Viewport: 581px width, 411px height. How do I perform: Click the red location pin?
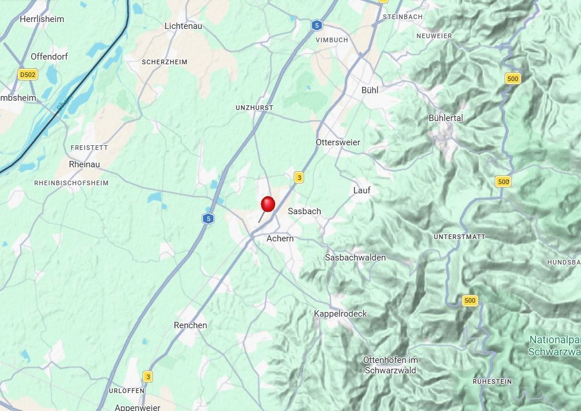pos(268,205)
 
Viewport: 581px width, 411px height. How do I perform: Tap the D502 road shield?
pos(27,75)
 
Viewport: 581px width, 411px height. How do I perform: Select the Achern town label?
pos(280,238)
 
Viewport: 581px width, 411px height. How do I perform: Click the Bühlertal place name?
pos(445,118)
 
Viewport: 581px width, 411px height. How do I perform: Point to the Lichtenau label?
pos(183,26)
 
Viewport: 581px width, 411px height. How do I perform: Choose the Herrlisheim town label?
pos(42,19)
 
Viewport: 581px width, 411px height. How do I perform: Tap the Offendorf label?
pos(49,57)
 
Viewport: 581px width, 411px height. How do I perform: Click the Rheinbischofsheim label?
pos(71,183)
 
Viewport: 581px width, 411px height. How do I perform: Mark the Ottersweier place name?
pos(338,142)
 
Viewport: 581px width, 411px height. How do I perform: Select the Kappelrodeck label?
pos(341,314)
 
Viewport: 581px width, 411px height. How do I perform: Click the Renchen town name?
pos(190,325)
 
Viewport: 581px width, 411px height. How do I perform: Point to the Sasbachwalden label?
pos(355,258)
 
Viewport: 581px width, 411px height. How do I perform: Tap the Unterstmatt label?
pos(459,237)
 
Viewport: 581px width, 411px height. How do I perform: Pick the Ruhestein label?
pos(492,381)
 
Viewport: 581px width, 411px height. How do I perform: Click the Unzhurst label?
pos(254,108)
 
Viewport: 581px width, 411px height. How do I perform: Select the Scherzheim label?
pos(164,61)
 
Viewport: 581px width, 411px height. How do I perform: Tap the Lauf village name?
pos(361,190)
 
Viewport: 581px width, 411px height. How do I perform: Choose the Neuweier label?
pos(434,36)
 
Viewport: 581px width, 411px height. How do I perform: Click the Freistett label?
pos(89,148)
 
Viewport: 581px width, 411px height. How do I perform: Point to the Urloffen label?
pos(126,391)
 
